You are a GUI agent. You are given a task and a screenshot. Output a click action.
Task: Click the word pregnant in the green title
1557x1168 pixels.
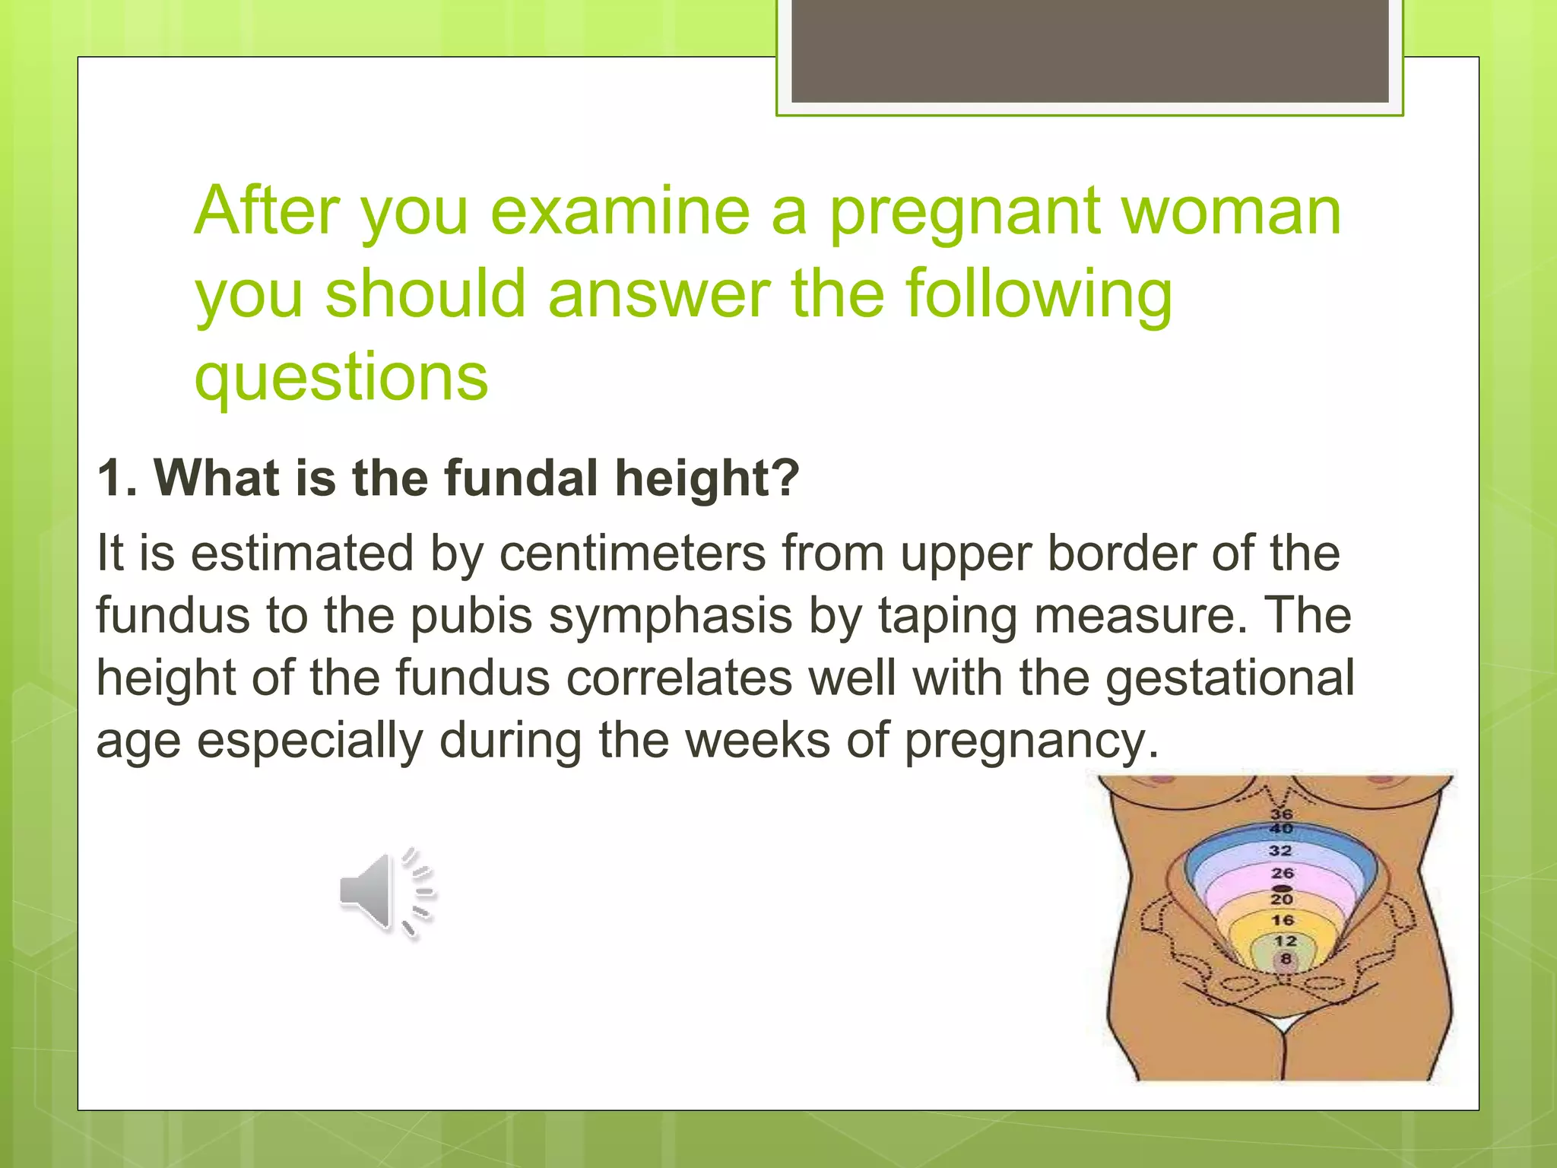(x=964, y=213)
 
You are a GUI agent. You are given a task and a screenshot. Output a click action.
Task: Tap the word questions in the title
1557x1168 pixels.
(x=341, y=377)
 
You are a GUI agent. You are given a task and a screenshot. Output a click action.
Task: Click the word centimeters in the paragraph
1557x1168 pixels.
(x=633, y=554)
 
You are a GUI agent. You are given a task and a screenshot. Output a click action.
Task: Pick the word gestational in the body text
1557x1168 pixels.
(x=1229, y=678)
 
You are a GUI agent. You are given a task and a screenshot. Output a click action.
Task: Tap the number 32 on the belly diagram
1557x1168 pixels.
(x=1280, y=850)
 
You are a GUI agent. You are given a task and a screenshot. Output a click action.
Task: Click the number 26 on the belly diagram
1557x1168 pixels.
(x=1282, y=873)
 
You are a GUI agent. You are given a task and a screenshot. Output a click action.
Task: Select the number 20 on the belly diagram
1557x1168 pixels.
(x=1282, y=899)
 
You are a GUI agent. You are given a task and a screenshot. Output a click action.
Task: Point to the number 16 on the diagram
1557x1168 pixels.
(x=1283, y=920)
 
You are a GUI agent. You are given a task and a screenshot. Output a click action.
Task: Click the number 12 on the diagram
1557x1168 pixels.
(x=1285, y=941)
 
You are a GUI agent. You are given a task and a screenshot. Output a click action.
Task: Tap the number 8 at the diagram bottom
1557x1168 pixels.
(x=1286, y=959)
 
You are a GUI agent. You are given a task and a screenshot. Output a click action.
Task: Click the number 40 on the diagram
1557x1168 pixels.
(x=1281, y=828)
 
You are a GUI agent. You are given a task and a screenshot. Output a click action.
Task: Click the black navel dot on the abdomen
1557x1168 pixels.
(x=1283, y=887)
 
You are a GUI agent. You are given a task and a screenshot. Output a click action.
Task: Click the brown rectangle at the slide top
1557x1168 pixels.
(x=1089, y=50)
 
